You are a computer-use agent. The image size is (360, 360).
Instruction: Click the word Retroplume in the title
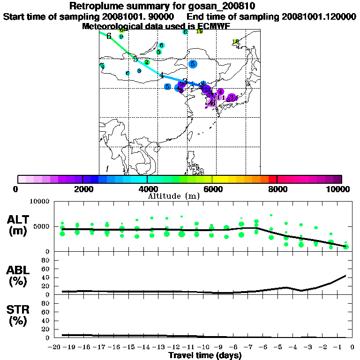point(93,6)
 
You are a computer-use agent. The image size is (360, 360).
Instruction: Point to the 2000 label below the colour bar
point(82,189)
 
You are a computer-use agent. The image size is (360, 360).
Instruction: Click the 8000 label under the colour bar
point(277,189)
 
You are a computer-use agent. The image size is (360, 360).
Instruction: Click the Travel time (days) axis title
point(205,355)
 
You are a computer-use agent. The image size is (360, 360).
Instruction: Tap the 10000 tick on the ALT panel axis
point(38,202)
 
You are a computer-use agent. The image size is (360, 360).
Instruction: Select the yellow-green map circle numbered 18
point(236,42)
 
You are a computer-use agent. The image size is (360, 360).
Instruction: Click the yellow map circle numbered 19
point(199,31)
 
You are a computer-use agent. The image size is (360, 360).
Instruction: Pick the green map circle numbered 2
point(147,62)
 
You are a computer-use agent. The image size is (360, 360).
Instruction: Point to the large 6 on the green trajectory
point(109,36)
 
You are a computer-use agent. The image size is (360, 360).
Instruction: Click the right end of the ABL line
point(346,275)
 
